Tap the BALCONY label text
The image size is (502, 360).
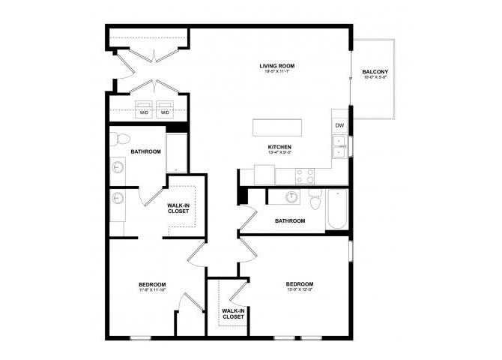pyautogui.click(x=375, y=73)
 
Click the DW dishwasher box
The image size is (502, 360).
pyautogui.click(x=339, y=125)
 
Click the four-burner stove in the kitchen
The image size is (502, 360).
pyautogui.click(x=305, y=175)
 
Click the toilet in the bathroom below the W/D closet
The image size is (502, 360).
pyautogui.click(x=121, y=139)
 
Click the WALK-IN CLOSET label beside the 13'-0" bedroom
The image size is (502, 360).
pyautogui.click(x=233, y=313)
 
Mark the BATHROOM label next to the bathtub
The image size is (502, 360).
pyautogui.click(x=290, y=220)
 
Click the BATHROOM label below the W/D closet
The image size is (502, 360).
pyautogui.click(x=145, y=151)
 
